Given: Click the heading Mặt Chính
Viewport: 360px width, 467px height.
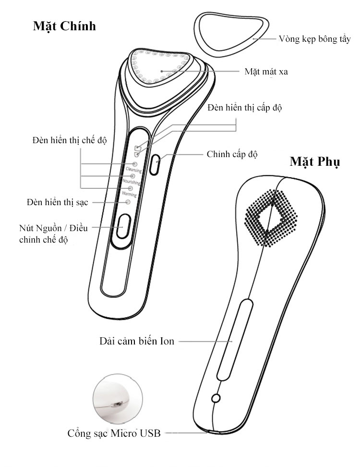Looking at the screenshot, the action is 64,26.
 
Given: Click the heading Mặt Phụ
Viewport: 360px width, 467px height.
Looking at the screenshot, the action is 314,162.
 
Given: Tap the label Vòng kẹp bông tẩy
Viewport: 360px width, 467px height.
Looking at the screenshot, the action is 314,39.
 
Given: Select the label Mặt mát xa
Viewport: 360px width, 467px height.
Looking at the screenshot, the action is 266,72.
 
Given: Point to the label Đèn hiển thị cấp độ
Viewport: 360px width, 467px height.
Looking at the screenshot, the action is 245,108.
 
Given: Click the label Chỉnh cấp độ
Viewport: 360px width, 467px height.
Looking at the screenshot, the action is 232,154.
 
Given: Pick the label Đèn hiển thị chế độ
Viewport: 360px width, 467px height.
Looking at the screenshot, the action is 70,140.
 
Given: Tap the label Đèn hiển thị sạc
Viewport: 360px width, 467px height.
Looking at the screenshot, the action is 58,203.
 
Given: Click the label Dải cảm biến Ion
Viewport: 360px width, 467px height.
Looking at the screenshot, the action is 137,341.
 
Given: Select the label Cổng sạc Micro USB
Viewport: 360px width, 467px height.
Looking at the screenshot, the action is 114,433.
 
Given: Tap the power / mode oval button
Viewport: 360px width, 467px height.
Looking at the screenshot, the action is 123,226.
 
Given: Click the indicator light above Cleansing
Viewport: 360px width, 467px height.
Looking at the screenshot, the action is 135,164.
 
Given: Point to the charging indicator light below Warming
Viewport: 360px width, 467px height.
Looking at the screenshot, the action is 128,202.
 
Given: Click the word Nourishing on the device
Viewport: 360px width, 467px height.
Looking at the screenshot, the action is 131,181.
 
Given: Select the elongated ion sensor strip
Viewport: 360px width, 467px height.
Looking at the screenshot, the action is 235,340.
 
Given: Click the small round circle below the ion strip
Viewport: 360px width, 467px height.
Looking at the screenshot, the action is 216,398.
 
